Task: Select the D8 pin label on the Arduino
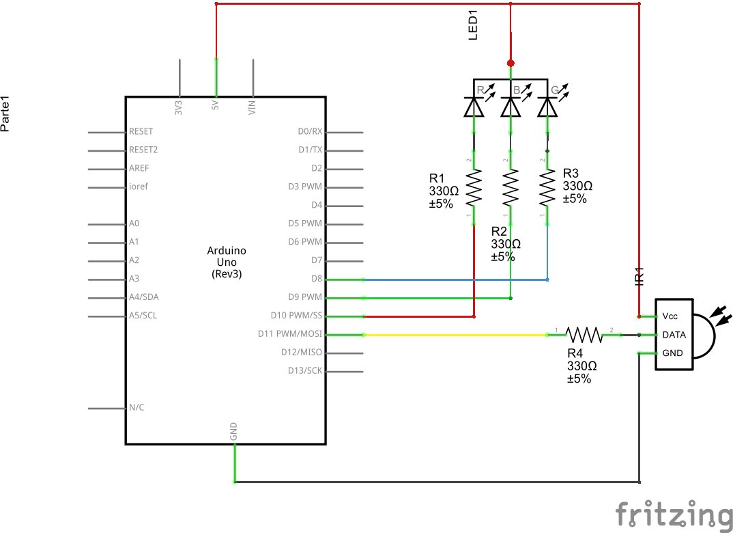point(316,279)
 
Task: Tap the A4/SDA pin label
point(144,297)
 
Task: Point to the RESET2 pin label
point(143,149)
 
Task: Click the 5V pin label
point(216,107)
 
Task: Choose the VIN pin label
point(252,107)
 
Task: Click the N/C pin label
point(136,407)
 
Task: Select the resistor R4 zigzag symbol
point(584,335)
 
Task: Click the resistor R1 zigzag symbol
point(474,188)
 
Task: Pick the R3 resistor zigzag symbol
point(547,188)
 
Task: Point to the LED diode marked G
point(547,106)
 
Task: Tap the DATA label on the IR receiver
point(673,335)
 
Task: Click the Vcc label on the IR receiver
point(670,316)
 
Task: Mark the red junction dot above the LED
point(510,63)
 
